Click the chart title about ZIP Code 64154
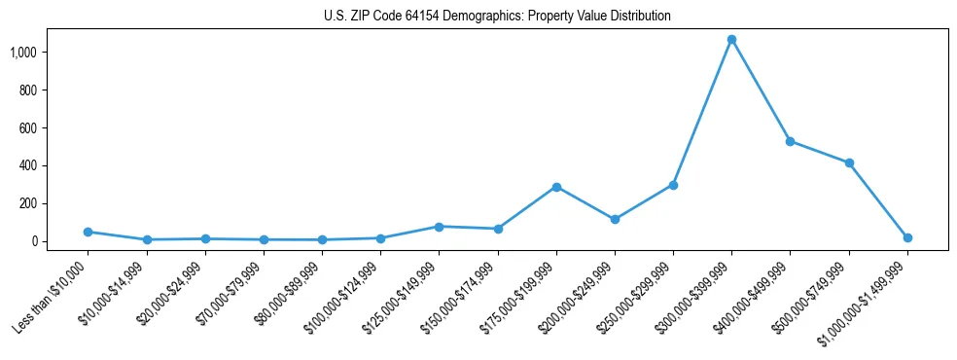click(497, 16)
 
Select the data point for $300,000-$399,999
click(731, 40)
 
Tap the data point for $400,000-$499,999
click(790, 141)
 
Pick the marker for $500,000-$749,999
click(849, 163)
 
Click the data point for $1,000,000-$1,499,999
click(907, 237)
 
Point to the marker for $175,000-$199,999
click(556, 187)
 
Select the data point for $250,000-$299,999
click(673, 185)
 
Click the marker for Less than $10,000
click(88, 232)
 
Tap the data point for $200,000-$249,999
click(615, 220)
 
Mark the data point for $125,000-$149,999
click(439, 227)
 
